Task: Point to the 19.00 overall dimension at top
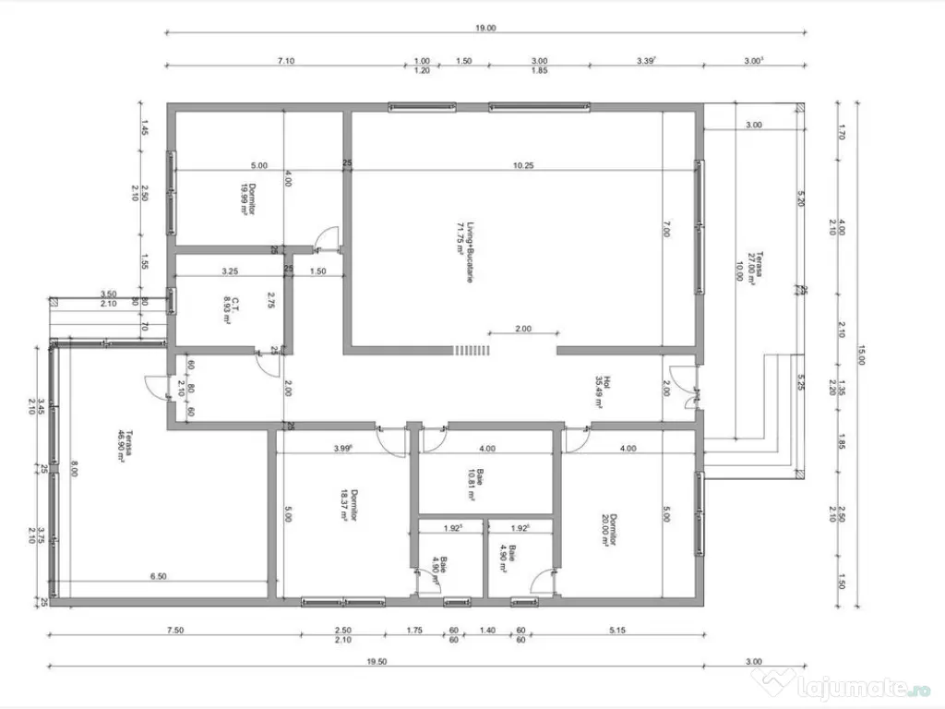(x=485, y=29)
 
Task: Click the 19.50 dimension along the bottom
(x=375, y=661)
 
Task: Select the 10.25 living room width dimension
(x=524, y=166)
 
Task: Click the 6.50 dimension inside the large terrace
(x=159, y=576)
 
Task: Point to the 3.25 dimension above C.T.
(x=231, y=271)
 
